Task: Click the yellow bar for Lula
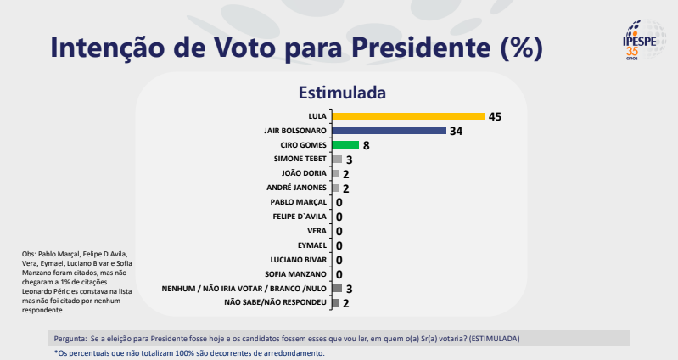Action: point(407,116)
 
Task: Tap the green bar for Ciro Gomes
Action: point(345,145)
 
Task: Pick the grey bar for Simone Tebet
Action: point(337,160)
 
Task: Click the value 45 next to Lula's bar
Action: point(496,116)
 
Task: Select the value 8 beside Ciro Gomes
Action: point(366,145)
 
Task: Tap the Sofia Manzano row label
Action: point(296,274)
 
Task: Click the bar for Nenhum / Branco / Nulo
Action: point(337,289)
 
